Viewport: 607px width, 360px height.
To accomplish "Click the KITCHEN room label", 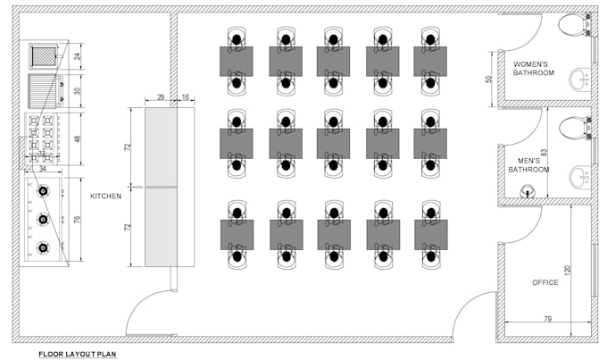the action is click(x=105, y=197).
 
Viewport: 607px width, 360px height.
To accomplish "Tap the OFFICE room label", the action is click(x=545, y=282).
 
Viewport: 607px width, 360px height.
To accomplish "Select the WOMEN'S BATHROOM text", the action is click(x=534, y=69).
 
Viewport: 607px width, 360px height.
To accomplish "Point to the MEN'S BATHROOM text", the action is click(x=528, y=165).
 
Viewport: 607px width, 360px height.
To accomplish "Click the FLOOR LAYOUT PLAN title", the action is click(x=77, y=354).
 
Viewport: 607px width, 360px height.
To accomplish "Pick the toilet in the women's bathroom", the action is click(x=573, y=24).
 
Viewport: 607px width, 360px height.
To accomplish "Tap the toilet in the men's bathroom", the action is click(x=574, y=128).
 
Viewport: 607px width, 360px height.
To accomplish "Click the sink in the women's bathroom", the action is click(x=580, y=79).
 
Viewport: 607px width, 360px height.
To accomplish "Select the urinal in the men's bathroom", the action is click(x=526, y=190).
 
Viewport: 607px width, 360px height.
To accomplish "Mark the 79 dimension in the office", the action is click(x=547, y=319).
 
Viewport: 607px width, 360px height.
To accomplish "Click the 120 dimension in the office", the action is click(x=568, y=270).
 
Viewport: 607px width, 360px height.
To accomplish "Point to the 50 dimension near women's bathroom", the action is click(x=488, y=79).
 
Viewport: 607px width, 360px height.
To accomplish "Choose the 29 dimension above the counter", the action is click(x=161, y=96).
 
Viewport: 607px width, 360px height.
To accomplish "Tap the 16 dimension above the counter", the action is click(x=186, y=96).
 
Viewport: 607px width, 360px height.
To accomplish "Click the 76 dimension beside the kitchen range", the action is click(x=78, y=220).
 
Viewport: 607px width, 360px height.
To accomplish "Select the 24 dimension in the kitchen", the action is click(x=79, y=56).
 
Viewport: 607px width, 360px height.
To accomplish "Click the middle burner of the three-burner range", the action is click(x=43, y=219).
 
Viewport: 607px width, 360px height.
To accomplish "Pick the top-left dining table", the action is click(x=237, y=62).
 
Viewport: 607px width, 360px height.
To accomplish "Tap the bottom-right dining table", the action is click(x=431, y=235).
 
